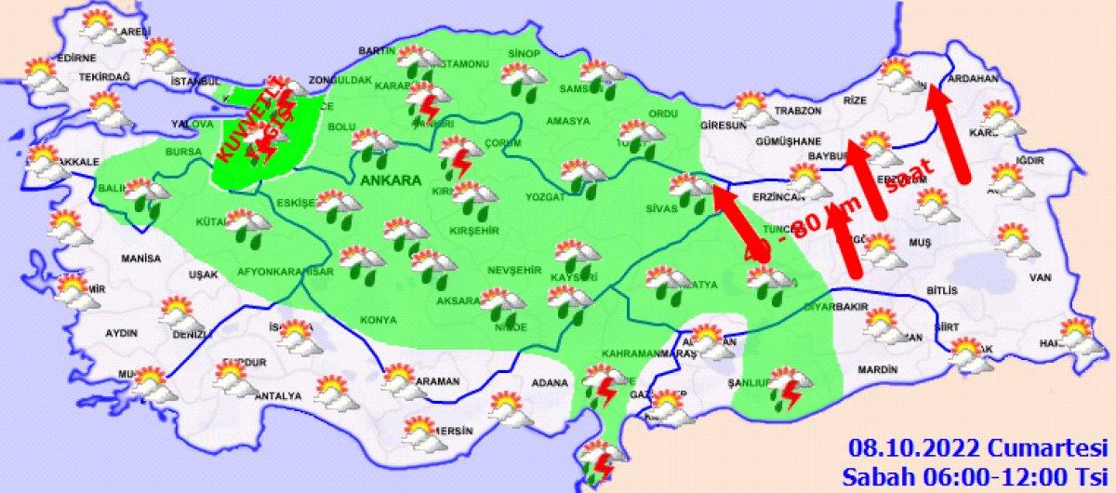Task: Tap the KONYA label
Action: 378,319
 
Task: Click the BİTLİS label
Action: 942,291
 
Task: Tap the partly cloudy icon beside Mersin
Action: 424,431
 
